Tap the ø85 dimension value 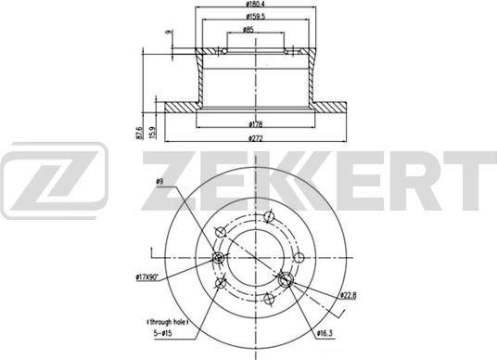(248, 31)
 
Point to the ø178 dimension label (248, 123)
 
